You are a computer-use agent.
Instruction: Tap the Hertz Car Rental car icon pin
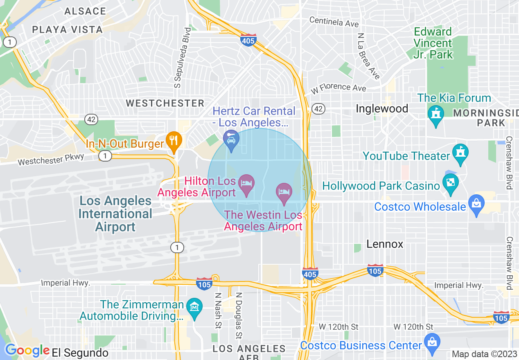click(231, 139)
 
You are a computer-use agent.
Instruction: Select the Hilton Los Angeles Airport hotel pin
click(247, 183)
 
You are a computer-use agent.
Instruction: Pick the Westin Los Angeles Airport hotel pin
click(284, 192)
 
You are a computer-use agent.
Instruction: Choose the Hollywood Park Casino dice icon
click(450, 183)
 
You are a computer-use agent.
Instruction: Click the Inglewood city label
click(382, 108)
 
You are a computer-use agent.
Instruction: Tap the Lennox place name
click(385, 244)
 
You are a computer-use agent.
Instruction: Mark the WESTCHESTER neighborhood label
click(165, 103)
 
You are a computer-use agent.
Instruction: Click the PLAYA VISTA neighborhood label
click(67, 29)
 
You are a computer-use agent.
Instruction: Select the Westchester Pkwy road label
click(51, 159)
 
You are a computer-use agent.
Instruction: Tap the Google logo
click(27, 351)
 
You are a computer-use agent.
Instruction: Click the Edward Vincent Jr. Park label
click(433, 43)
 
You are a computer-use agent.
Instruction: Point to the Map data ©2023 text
click(483, 354)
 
